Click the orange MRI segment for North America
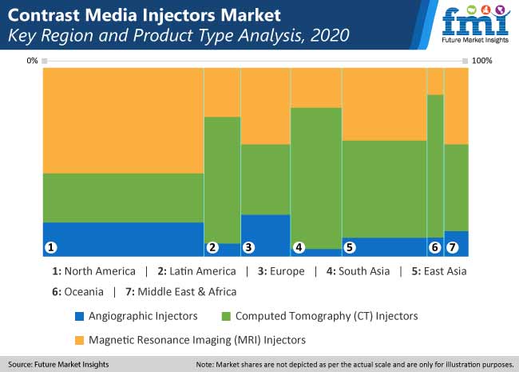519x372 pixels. pos(123,121)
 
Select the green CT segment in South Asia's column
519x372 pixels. pos(316,178)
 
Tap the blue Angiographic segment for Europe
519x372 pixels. pos(265,235)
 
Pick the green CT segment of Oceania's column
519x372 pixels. pos(435,166)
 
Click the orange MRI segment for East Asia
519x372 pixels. pos(384,105)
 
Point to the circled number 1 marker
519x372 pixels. pos(51,247)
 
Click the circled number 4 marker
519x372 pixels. pos(299,247)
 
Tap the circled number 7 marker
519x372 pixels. pos(453,247)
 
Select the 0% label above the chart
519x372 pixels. pos(32,61)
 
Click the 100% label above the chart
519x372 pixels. pos(482,61)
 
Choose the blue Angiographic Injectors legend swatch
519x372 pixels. pos(79,316)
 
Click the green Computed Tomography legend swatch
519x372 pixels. pos(226,316)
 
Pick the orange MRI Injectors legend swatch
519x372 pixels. pos(79,340)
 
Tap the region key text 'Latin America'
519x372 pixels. pos(203,271)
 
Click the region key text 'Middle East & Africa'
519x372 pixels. pos(187,292)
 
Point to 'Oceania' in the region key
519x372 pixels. pos(84,292)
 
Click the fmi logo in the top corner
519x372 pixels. pos(475,24)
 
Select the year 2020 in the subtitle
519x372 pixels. pos(330,35)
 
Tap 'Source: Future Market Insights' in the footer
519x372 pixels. pos(58,364)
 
